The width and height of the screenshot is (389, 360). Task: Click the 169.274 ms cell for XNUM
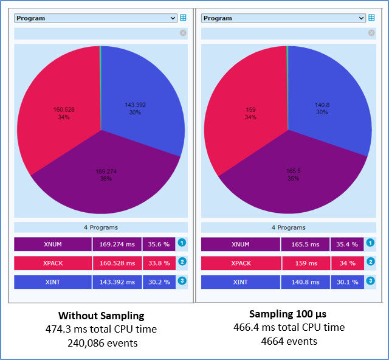[x=117, y=244]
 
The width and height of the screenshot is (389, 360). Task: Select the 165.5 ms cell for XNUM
[x=305, y=244]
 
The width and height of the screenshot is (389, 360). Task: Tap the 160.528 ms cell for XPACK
[x=117, y=263]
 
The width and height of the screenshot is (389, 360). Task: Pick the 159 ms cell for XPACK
[x=305, y=263]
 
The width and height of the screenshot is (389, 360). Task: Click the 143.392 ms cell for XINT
[x=117, y=282]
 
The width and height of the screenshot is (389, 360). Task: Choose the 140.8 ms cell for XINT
[x=305, y=282]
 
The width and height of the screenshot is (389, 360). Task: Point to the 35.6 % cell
[x=159, y=244]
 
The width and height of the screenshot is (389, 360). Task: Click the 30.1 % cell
[x=347, y=282]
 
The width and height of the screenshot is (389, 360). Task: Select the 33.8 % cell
[x=159, y=263]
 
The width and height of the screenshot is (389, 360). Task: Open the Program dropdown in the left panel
[x=95, y=18]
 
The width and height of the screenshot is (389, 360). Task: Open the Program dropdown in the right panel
[x=283, y=18]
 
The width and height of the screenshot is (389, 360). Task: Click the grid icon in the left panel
[x=184, y=18]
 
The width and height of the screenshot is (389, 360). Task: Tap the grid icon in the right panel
[x=371, y=18]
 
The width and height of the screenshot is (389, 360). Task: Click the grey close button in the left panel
[x=183, y=33]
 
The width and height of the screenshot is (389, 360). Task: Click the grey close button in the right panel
[x=371, y=33]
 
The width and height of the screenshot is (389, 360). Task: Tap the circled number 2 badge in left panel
[x=182, y=262]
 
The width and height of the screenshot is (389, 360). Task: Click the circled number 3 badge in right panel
[x=371, y=281]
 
